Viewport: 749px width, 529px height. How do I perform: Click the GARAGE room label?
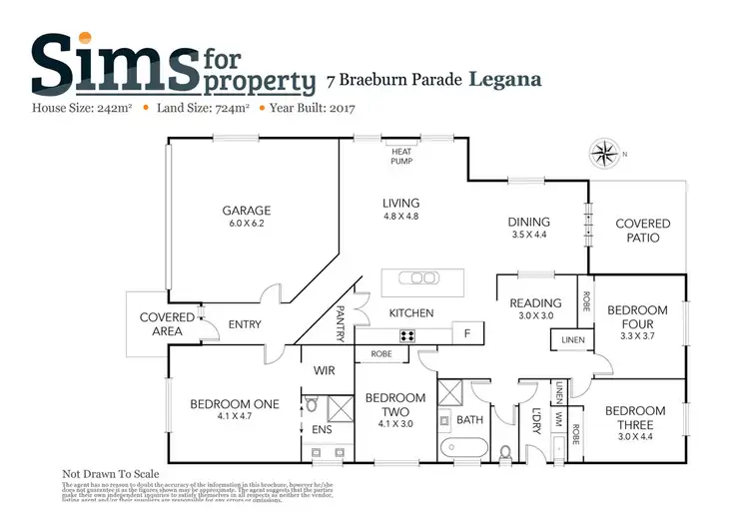[247, 211]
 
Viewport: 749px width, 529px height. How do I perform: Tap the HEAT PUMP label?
[401, 156]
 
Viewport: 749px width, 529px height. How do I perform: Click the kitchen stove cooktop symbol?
[407, 335]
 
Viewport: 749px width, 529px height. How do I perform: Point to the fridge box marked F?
[466, 332]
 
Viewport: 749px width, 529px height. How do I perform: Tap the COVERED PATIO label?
[642, 231]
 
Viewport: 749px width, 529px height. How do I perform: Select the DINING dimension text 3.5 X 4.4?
[529, 236]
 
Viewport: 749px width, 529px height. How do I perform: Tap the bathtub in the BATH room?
[460, 443]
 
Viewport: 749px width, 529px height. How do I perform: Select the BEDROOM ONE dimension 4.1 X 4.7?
[235, 417]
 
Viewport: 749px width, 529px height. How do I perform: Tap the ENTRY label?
[245, 324]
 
